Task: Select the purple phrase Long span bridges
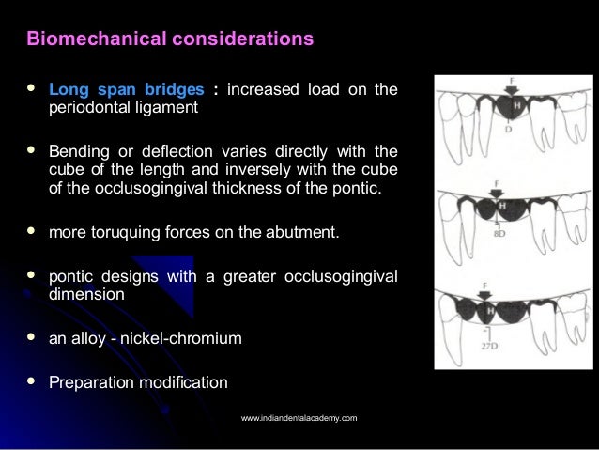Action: tap(126, 90)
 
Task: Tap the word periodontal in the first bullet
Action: tap(90, 108)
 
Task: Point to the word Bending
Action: tap(78, 151)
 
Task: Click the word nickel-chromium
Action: tap(195, 338)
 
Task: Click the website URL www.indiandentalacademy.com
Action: tap(299, 417)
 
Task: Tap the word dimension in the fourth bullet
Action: tap(87, 293)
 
